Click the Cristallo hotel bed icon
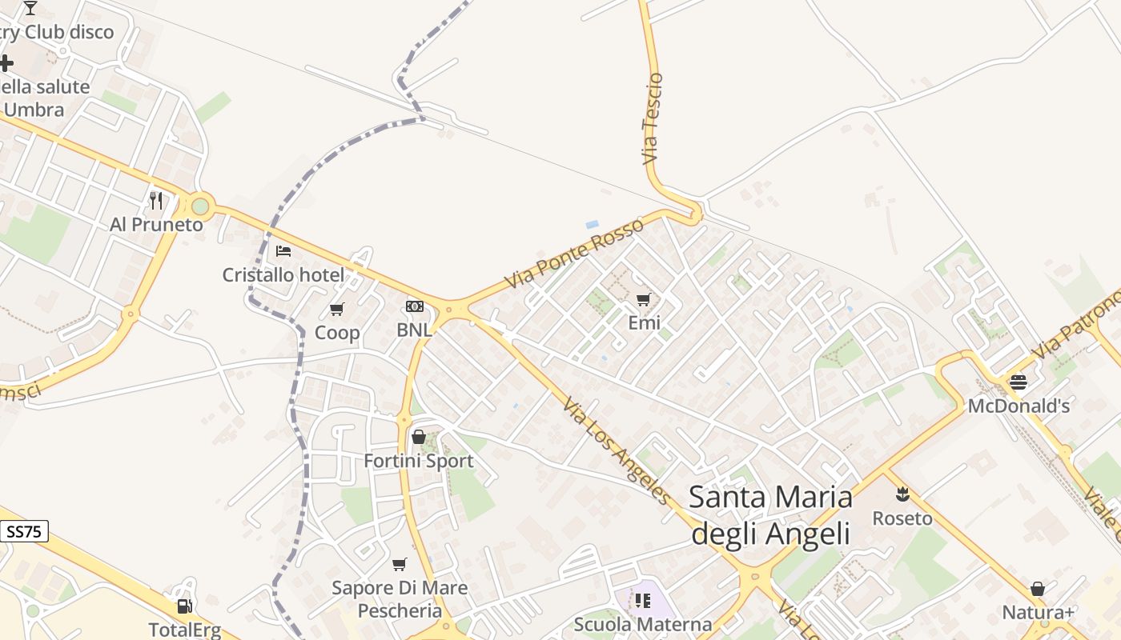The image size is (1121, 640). click(283, 250)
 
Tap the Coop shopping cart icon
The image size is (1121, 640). click(337, 309)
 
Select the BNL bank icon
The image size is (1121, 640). click(414, 306)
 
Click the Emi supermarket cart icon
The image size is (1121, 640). click(644, 299)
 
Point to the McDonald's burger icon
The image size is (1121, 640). click(1019, 382)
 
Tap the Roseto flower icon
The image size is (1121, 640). click(902, 494)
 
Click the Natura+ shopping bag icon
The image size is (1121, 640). click(1038, 589)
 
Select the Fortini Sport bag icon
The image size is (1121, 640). click(418, 437)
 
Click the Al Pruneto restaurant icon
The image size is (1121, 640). click(156, 200)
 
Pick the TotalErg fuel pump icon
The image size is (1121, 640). click(184, 606)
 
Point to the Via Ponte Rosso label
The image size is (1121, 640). click(574, 253)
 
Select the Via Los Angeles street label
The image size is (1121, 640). click(617, 452)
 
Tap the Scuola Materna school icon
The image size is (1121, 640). click(642, 600)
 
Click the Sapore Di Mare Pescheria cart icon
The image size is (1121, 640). click(400, 564)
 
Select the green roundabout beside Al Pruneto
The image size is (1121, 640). click(200, 207)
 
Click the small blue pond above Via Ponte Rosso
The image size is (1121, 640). click(593, 225)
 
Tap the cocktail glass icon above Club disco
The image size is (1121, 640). click(30, 8)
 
